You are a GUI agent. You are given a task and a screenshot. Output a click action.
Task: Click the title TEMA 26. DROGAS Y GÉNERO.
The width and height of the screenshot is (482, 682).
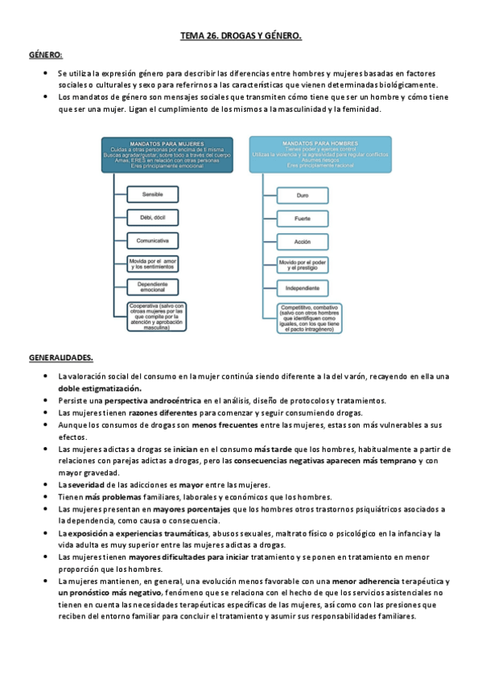point(241,36)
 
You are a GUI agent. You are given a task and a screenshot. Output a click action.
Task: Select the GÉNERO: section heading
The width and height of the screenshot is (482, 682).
point(46,55)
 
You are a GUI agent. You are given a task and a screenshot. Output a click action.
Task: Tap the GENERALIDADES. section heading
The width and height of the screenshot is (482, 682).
point(61,356)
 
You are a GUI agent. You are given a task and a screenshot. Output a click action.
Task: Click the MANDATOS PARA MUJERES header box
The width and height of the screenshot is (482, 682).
point(167,154)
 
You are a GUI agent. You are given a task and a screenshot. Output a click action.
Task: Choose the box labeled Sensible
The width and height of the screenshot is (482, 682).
point(153,195)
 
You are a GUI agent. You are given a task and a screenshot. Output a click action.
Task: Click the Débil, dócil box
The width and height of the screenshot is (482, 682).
point(153,218)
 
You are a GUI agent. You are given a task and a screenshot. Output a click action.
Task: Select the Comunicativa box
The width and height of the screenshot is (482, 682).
point(153,240)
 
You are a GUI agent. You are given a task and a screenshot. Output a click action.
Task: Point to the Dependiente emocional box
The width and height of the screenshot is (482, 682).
point(153,288)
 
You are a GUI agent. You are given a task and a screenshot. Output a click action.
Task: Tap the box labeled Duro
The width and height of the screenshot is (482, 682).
point(303,195)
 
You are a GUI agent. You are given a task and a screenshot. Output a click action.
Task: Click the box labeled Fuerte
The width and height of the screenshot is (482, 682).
point(303,218)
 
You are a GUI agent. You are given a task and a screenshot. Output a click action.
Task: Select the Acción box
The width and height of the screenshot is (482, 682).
point(303,240)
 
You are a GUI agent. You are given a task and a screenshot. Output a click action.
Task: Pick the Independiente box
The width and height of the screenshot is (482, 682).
point(303,287)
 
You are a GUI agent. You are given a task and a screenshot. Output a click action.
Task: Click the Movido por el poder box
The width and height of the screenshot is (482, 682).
point(303,264)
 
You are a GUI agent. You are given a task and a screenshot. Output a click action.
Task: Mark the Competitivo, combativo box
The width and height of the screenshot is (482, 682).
point(303,317)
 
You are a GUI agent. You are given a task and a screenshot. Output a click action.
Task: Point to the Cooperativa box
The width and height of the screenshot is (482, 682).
point(153,317)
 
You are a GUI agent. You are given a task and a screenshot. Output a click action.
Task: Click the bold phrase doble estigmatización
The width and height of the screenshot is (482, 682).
point(100,388)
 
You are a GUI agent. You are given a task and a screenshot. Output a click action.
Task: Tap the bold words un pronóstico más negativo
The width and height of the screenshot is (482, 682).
point(99,592)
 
